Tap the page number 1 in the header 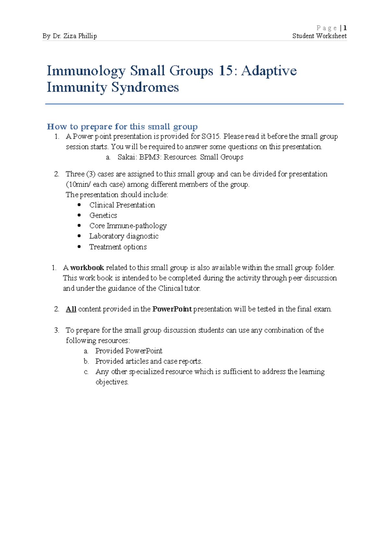pos(345,28)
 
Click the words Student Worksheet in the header pos(319,36)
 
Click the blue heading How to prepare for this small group pos(122,126)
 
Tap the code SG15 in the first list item pos(210,136)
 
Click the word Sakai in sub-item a pos(126,157)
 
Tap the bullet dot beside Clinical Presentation pos(79,205)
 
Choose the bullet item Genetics pos(103,215)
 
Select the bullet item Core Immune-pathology pos(128,226)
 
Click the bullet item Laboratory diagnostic pos(124,236)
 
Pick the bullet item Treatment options pos(118,247)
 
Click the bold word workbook pos(87,268)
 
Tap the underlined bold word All pos(71,309)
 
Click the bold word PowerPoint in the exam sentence pos(172,309)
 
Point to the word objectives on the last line pos(112,382)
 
